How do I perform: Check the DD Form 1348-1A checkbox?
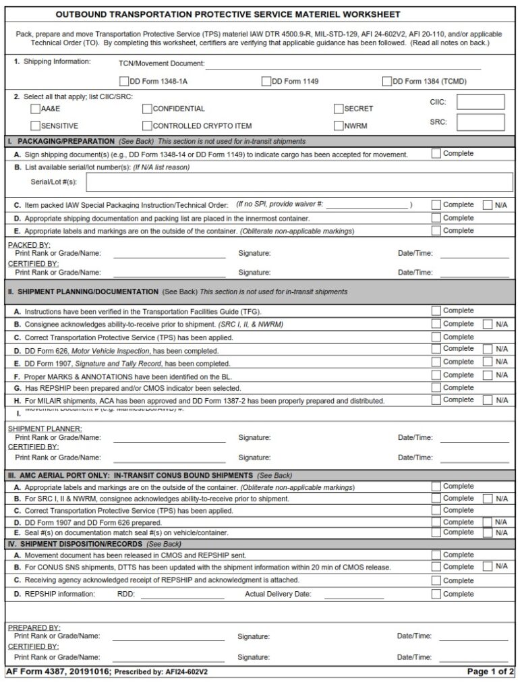click(x=123, y=82)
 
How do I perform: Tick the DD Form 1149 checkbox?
click(x=266, y=82)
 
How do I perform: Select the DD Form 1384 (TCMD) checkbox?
click(x=387, y=82)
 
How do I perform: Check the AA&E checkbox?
click(x=35, y=109)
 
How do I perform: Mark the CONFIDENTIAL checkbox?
click(x=147, y=109)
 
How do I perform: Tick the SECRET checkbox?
click(x=339, y=109)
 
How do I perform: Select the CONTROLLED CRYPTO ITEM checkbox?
click(x=147, y=126)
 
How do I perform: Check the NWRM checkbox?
click(x=339, y=126)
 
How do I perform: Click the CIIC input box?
click(x=480, y=102)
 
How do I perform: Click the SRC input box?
click(x=480, y=122)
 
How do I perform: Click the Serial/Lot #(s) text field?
click(x=297, y=182)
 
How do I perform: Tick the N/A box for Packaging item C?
click(x=488, y=205)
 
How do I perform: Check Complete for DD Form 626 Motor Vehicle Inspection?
click(x=436, y=350)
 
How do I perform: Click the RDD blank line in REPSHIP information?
click(x=182, y=595)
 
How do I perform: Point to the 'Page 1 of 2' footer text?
click(x=490, y=672)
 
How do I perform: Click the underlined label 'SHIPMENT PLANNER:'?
click(x=45, y=429)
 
